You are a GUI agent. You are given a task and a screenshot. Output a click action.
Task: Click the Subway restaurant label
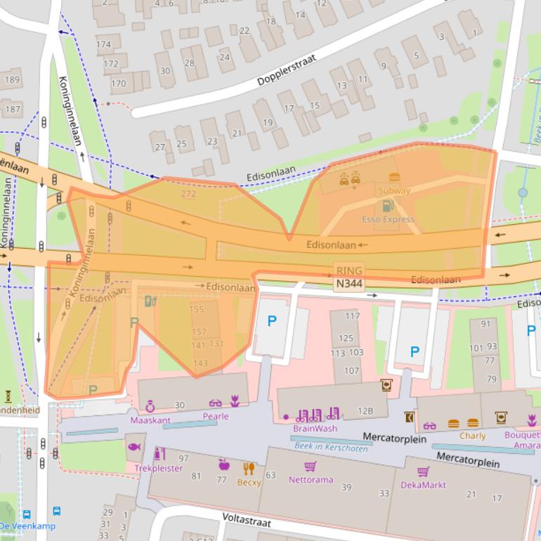point(393,190)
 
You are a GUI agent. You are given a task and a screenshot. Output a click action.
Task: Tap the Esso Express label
point(387,219)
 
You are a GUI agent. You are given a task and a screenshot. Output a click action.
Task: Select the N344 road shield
point(349,282)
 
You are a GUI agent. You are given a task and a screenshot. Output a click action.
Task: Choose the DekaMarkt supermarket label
point(424,485)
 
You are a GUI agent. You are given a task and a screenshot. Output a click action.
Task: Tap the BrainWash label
point(314,428)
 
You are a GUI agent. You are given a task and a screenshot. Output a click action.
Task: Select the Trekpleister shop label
point(158,468)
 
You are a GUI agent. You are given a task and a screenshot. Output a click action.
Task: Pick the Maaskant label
point(150,420)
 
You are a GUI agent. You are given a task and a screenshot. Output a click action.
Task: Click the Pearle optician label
point(216,416)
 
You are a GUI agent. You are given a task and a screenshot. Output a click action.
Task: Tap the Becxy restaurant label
point(249,483)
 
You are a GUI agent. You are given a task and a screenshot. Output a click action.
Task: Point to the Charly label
point(472,436)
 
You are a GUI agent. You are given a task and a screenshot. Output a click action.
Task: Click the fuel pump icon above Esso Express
point(386,206)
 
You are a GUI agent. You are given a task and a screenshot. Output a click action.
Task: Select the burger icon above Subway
point(394,178)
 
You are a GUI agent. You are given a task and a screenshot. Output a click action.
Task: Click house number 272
point(188,194)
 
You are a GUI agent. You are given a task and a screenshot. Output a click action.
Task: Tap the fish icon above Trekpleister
point(133,447)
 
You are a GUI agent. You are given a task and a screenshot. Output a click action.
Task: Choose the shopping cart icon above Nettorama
point(310,467)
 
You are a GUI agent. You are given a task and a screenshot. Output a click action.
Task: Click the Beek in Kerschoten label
point(331,447)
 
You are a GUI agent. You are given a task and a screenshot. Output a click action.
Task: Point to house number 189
point(12,79)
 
